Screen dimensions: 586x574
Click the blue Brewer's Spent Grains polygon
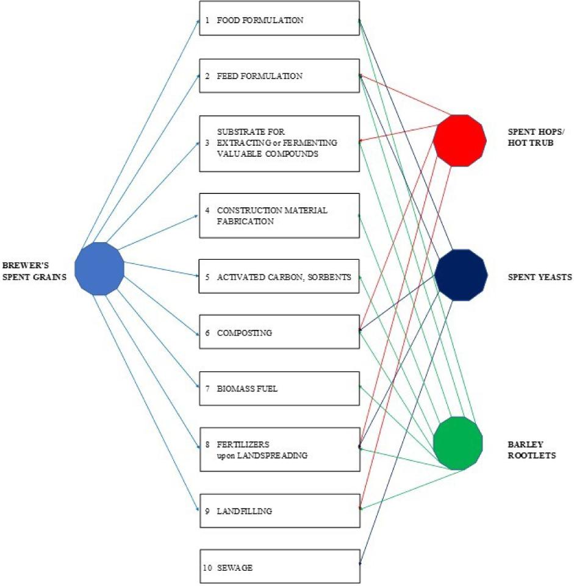[x=99, y=268]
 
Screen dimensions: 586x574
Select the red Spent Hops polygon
[x=459, y=140]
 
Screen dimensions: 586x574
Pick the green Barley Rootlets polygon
[x=457, y=443]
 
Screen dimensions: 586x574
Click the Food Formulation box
[x=279, y=20]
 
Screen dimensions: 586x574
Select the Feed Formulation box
[x=279, y=76]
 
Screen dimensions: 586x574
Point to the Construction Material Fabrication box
[x=279, y=216]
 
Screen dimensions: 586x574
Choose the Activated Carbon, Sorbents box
[x=279, y=277]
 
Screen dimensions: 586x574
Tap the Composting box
[x=279, y=332]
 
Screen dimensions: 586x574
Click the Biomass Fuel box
[x=279, y=388]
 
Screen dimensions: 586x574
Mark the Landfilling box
[x=279, y=510]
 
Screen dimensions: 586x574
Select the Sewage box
[x=279, y=566]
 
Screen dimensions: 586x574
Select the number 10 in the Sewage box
[x=207, y=568]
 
